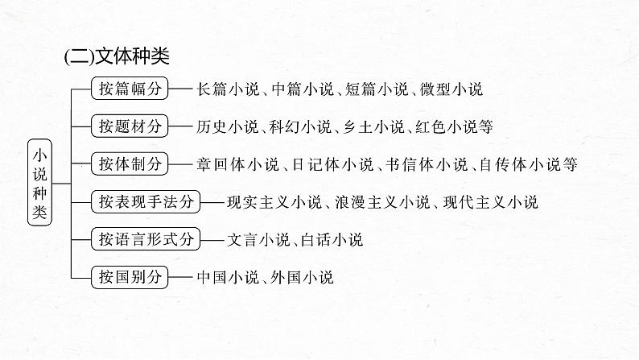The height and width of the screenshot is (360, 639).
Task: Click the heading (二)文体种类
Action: (x=116, y=57)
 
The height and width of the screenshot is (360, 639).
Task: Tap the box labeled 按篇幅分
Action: (x=129, y=89)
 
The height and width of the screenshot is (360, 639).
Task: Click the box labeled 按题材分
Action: (x=129, y=126)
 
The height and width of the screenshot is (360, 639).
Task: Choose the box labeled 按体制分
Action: (x=129, y=164)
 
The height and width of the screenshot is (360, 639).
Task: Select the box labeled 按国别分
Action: (x=129, y=277)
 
